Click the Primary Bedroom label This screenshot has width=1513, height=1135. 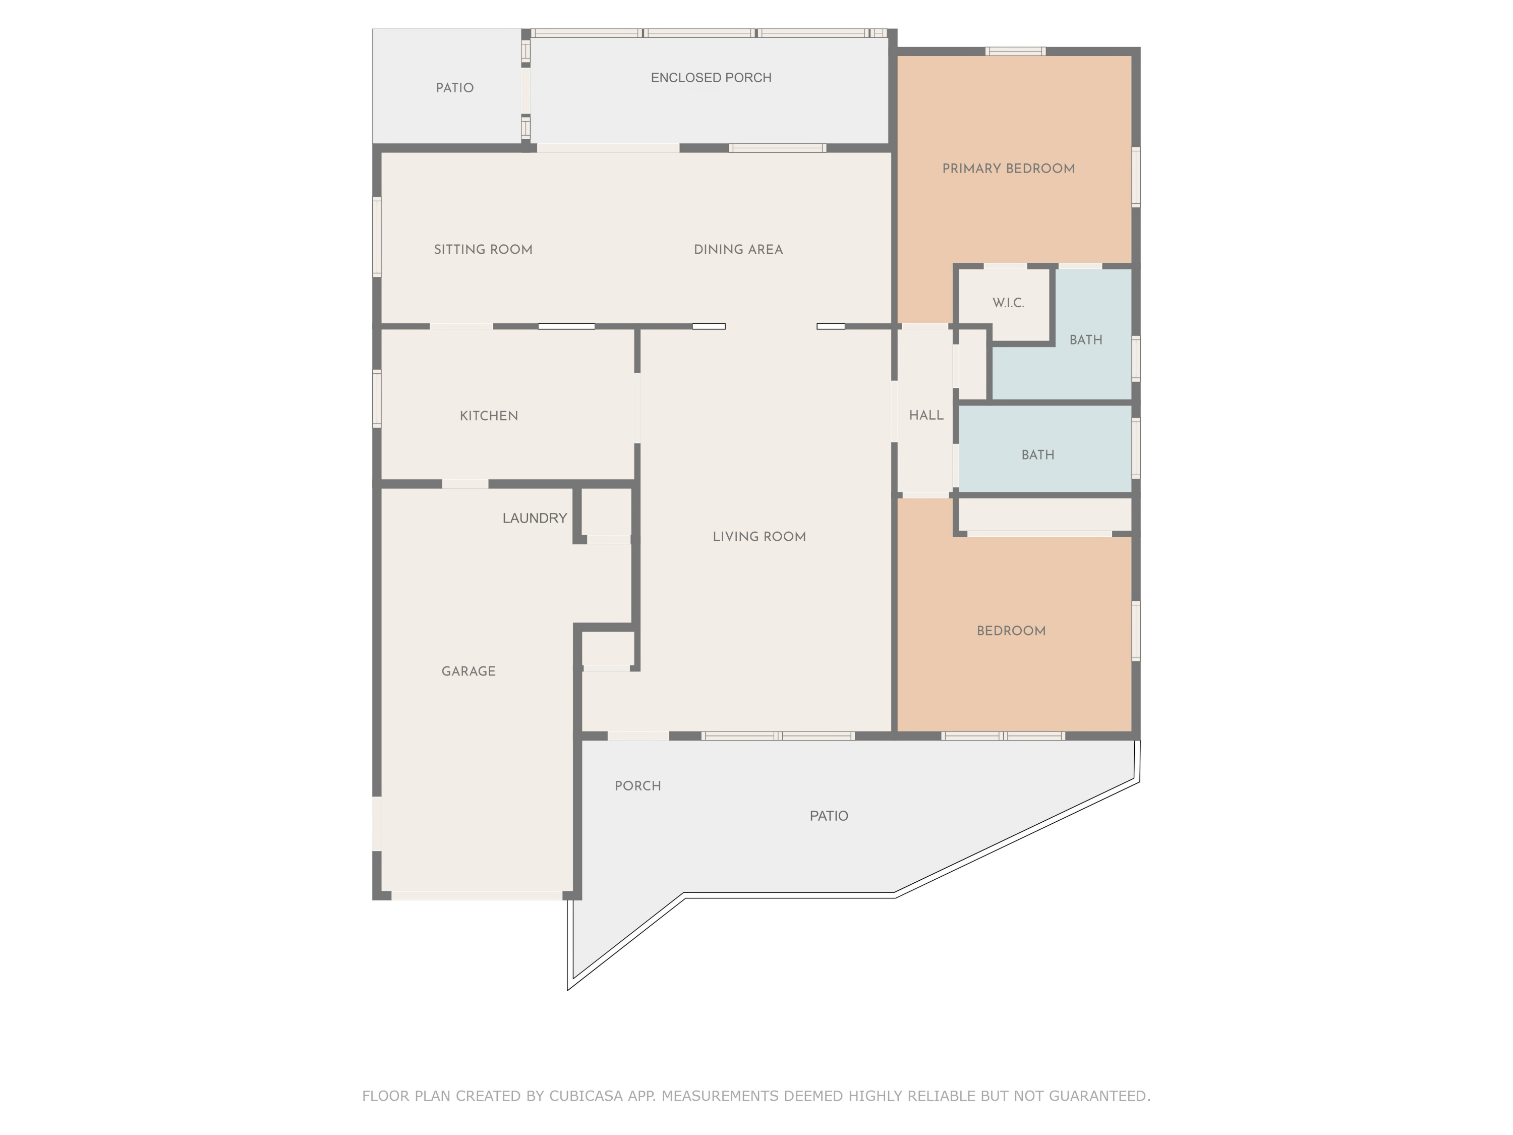coord(1008,169)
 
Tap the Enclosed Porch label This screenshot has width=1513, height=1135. coord(711,78)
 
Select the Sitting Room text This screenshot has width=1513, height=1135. coord(483,250)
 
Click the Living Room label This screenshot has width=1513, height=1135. coord(759,537)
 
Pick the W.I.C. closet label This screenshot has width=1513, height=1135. coord(1008,303)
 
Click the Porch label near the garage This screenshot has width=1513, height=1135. coord(637,786)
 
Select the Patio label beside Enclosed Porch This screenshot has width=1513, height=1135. coord(454,88)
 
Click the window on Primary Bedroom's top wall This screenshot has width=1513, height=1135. coord(1015,51)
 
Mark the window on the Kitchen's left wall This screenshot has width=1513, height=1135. coord(377,399)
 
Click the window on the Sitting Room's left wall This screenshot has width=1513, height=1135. coord(377,237)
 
